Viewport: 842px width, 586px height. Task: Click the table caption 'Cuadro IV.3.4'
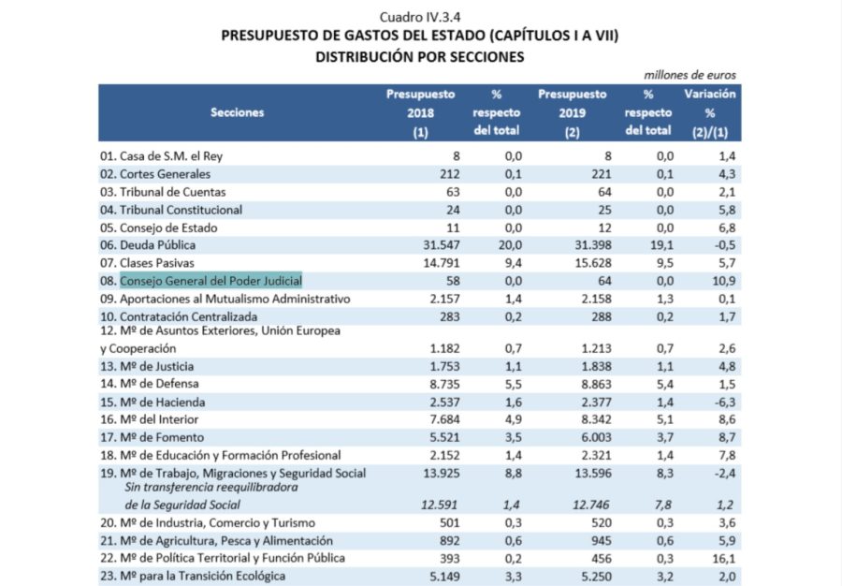(420, 17)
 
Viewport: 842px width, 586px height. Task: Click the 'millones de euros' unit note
(690, 75)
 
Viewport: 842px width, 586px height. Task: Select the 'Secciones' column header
(238, 112)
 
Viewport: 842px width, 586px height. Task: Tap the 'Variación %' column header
(710, 112)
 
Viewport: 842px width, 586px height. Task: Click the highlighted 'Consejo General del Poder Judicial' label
(211, 281)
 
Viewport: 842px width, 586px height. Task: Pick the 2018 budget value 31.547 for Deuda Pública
(442, 245)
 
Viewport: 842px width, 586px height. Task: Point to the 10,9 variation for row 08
(724, 281)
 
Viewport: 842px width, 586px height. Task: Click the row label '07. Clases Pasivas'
(147, 263)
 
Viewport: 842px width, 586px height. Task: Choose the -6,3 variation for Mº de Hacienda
(724, 403)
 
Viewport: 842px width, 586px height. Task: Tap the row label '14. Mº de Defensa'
(150, 384)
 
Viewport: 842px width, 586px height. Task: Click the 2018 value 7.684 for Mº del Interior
(444, 419)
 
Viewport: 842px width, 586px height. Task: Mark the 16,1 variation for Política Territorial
(724, 559)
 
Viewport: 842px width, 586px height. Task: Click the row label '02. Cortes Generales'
(155, 174)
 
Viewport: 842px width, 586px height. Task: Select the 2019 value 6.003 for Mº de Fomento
(596, 438)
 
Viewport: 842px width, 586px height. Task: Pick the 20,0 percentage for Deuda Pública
(510, 245)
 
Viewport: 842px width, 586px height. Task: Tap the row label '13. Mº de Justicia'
(147, 366)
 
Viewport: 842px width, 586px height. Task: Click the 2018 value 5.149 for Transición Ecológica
(444, 577)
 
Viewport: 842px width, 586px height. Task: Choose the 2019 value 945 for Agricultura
(601, 541)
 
